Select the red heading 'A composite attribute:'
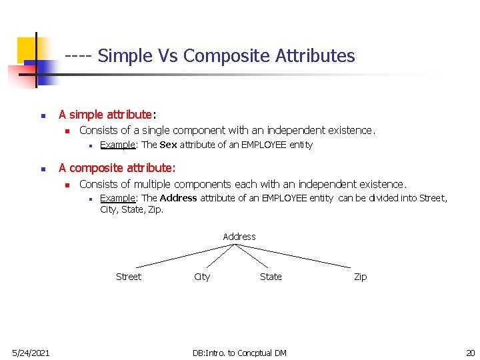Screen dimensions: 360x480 (x=117, y=168)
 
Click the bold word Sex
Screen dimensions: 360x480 (x=168, y=145)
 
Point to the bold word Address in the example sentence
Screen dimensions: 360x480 (x=178, y=198)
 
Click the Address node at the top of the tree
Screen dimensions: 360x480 (x=239, y=237)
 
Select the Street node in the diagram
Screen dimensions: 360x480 (x=129, y=277)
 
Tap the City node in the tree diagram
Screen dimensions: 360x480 (x=201, y=277)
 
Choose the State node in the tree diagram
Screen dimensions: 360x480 (x=271, y=277)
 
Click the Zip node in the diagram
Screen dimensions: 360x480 (x=360, y=277)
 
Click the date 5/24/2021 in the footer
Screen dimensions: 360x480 (x=30, y=353)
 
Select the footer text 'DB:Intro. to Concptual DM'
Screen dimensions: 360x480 (x=239, y=353)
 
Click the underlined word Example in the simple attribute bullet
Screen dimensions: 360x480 (x=118, y=145)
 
